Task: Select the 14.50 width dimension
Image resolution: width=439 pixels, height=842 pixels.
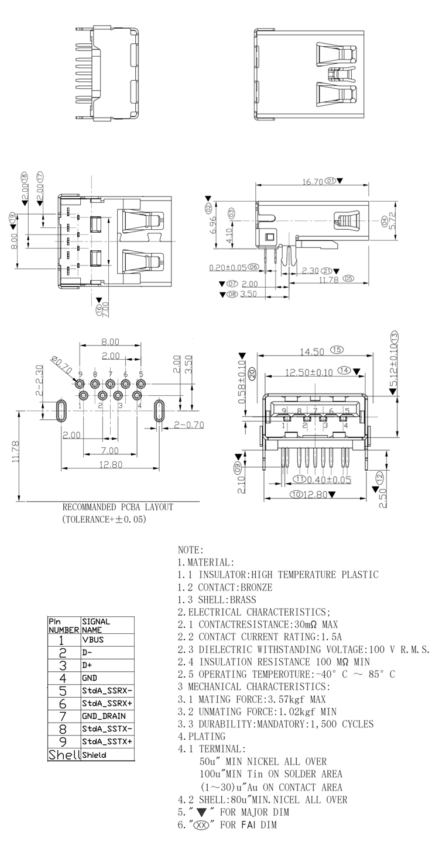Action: point(311,352)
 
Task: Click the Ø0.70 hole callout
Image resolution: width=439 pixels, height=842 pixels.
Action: point(61,366)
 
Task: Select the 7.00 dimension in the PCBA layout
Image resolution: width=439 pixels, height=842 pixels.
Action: point(109,450)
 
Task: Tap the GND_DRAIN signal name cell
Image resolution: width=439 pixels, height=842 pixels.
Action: point(104,716)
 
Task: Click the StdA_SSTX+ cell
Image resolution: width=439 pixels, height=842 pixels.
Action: point(107,741)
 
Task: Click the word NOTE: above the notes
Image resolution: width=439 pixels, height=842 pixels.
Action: point(191,550)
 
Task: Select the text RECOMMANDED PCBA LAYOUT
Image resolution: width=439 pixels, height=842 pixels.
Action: point(118,507)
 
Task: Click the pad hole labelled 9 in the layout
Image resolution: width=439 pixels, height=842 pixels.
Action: point(80,384)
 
